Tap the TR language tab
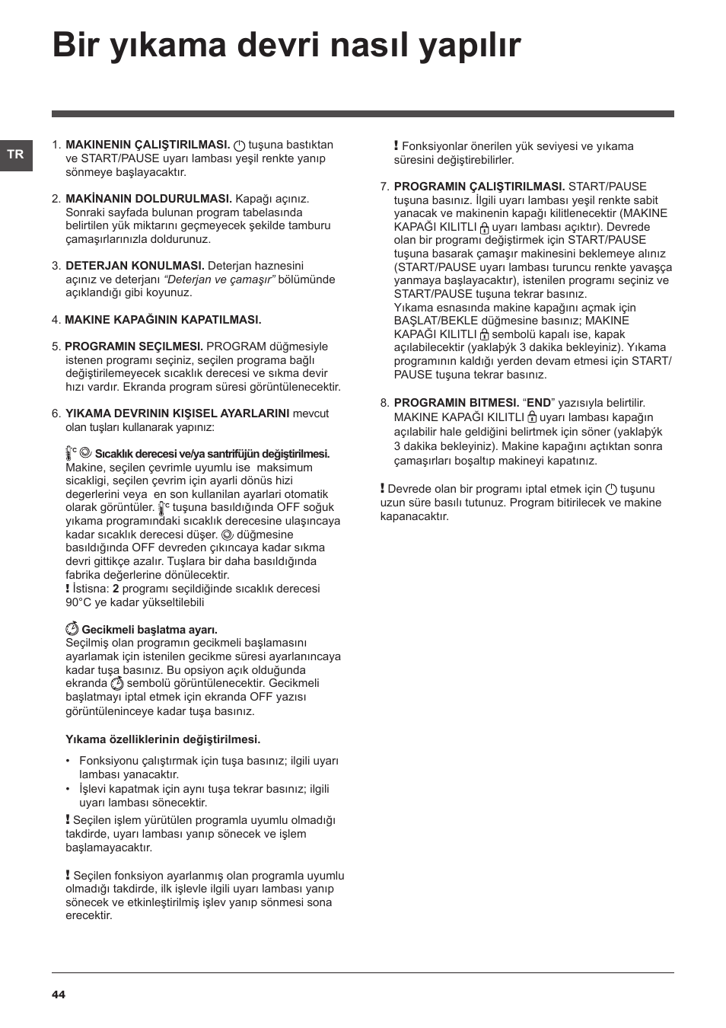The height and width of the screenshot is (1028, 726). [15, 155]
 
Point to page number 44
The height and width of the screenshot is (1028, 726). [59, 994]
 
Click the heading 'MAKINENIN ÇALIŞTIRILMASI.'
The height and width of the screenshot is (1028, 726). [148, 145]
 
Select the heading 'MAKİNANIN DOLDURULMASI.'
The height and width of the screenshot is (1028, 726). [148, 199]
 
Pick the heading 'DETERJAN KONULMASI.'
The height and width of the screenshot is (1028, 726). [135, 266]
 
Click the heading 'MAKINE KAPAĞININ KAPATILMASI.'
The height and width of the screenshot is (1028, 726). [163, 320]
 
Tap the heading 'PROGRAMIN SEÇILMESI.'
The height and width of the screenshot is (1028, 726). [134, 346]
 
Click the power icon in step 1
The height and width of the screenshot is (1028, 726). [240, 145]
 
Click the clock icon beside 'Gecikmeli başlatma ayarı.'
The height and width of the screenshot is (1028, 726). [72, 630]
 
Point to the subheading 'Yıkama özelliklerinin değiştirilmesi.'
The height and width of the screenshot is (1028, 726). [163, 739]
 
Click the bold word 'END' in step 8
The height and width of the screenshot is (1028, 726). [539, 403]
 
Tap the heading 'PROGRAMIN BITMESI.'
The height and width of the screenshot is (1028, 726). [456, 403]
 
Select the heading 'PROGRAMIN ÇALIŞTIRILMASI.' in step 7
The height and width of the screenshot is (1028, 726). [479, 187]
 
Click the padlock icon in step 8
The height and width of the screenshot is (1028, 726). [532, 417]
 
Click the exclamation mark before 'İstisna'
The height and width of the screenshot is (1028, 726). [68, 589]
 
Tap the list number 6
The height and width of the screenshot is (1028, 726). [55, 413]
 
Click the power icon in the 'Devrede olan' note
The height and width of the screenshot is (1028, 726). [611, 489]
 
